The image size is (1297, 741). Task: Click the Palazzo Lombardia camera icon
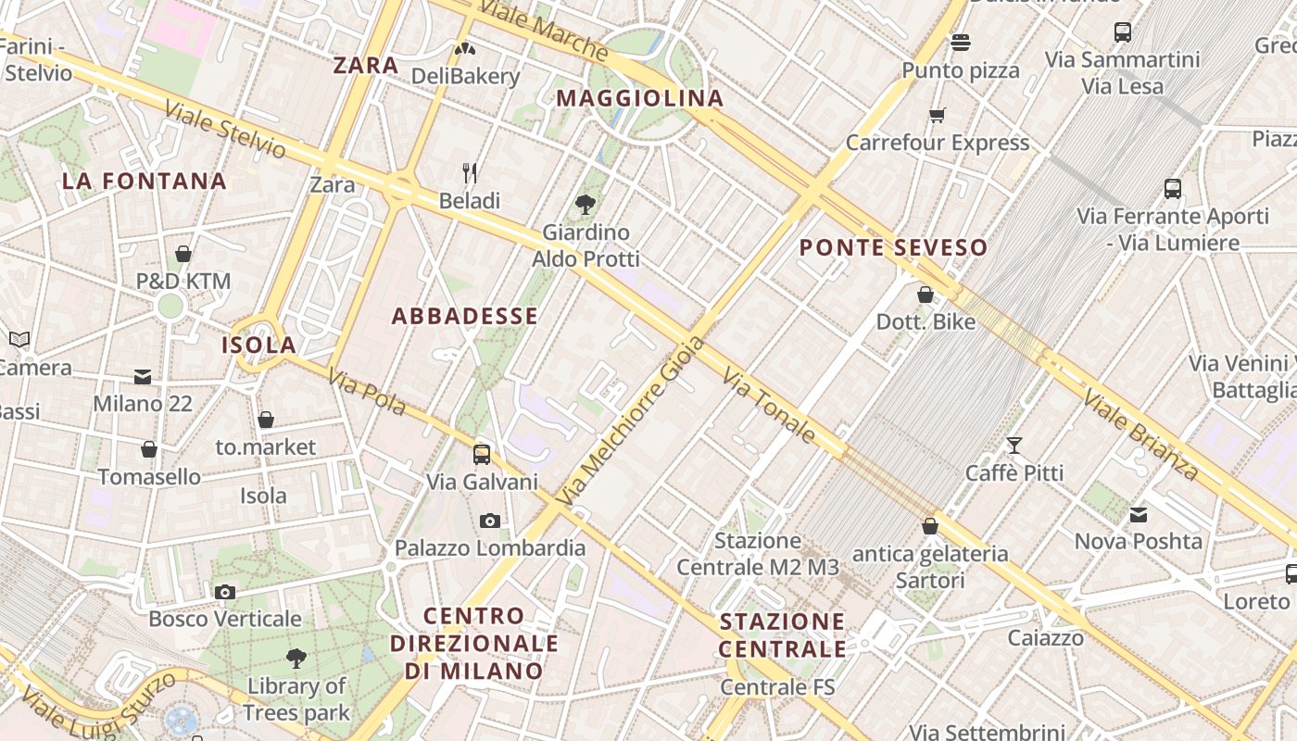(490, 521)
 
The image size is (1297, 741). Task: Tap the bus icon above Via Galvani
(482, 455)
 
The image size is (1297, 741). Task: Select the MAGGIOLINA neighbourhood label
(640, 98)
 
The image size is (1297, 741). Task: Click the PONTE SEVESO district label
(893, 248)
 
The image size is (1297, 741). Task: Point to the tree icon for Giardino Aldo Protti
(585, 205)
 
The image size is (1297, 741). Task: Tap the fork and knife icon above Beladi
(470, 173)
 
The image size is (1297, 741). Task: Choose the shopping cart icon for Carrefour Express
(938, 116)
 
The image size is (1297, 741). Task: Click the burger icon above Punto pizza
(961, 43)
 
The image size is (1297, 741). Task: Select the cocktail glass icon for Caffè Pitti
(1014, 446)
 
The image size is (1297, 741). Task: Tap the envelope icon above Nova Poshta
(1138, 514)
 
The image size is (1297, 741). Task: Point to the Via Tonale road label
(769, 406)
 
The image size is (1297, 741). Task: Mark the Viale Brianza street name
(1140, 434)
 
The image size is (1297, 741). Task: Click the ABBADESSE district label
(464, 316)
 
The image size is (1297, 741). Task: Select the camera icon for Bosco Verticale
(224, 592)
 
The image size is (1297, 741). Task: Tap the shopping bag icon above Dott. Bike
(925, 295)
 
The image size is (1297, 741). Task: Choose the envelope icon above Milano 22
(142, 377)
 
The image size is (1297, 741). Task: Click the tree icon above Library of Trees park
(296, 659)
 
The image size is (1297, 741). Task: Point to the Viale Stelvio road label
(225, 130)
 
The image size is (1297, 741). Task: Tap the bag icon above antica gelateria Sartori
(930, 526)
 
